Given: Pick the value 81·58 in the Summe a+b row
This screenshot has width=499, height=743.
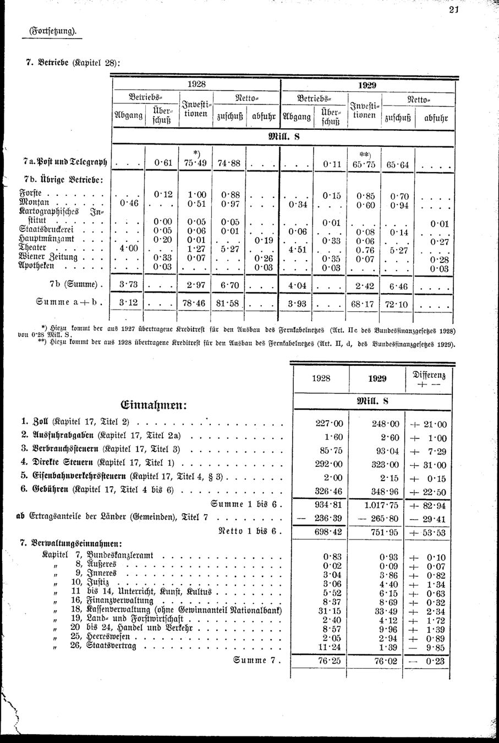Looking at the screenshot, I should [x=228, y=304].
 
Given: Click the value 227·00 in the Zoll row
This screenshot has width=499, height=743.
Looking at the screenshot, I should [x=330, y=423].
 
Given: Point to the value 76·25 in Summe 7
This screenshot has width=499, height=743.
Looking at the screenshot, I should [x=330, y=661].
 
